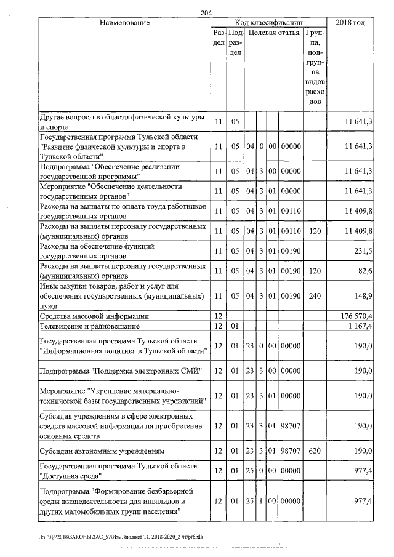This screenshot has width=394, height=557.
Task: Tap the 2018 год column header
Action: (x=351, y=23)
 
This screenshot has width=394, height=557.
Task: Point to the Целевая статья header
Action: (x=274, y=33)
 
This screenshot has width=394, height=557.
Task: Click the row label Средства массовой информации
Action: (x=96, y=316)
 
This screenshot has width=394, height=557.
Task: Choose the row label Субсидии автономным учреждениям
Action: (x=102, y=451)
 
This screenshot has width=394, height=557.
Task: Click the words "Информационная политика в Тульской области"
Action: (x=121, y=351)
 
